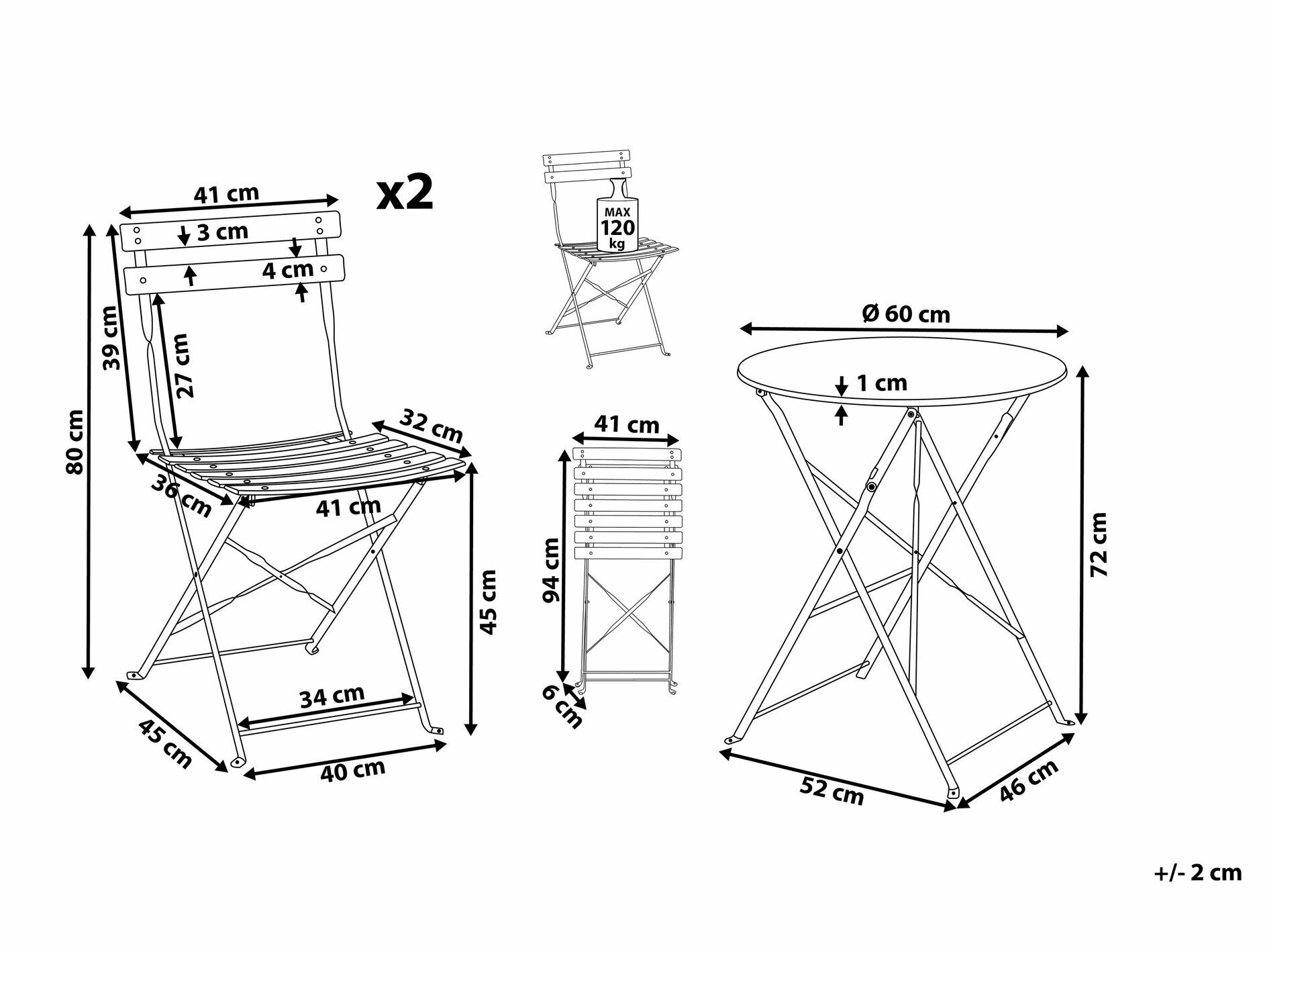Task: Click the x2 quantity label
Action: coord(405,193)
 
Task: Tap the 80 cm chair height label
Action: coord(76,442)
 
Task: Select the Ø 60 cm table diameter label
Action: coord(905,313)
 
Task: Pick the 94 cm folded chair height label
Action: coord(551,570)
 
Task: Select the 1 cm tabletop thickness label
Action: coord(882,383)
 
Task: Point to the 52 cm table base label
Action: coord(832,792)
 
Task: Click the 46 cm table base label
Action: coord(1029,780)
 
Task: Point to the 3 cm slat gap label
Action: coord(223,232)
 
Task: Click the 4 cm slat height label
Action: coord(288,270)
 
